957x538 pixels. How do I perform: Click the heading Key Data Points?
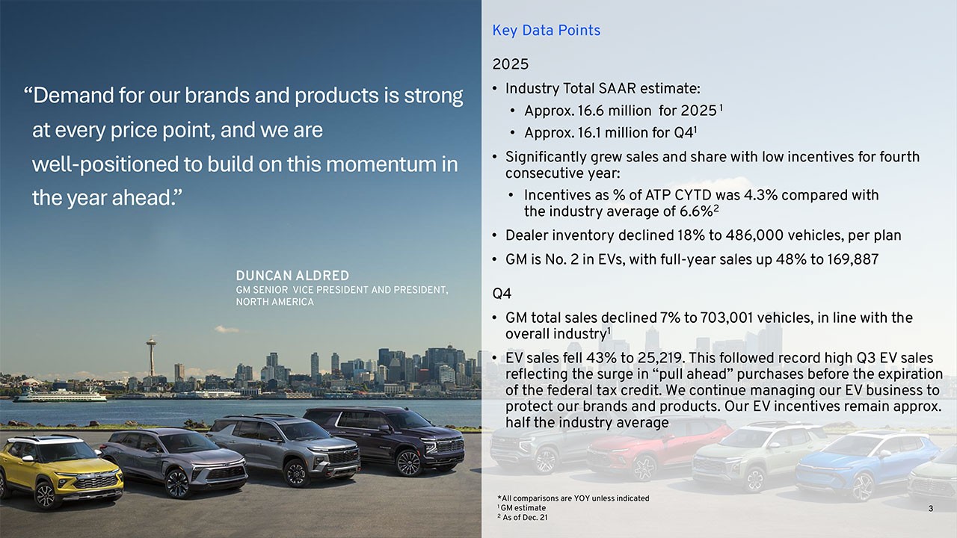[546, 31]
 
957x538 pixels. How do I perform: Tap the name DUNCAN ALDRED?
[292, 276]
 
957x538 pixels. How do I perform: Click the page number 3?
[930, 509]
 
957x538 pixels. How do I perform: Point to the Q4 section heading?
[502, 293]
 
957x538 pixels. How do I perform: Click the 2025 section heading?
[510, 64]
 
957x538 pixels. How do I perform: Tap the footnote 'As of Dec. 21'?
[525, 517]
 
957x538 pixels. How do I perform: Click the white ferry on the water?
[60, 395]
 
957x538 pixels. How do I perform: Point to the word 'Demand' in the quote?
[71, 96]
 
